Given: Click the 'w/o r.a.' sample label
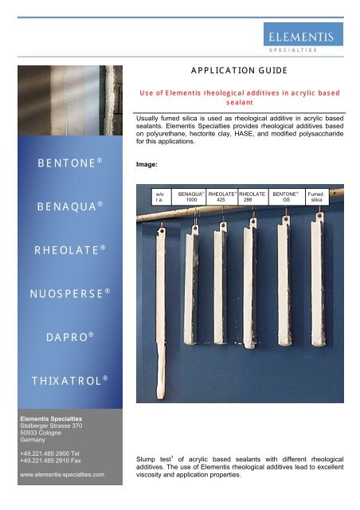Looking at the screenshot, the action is point(159,196).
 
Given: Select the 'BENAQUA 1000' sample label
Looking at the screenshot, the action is point(190,196).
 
